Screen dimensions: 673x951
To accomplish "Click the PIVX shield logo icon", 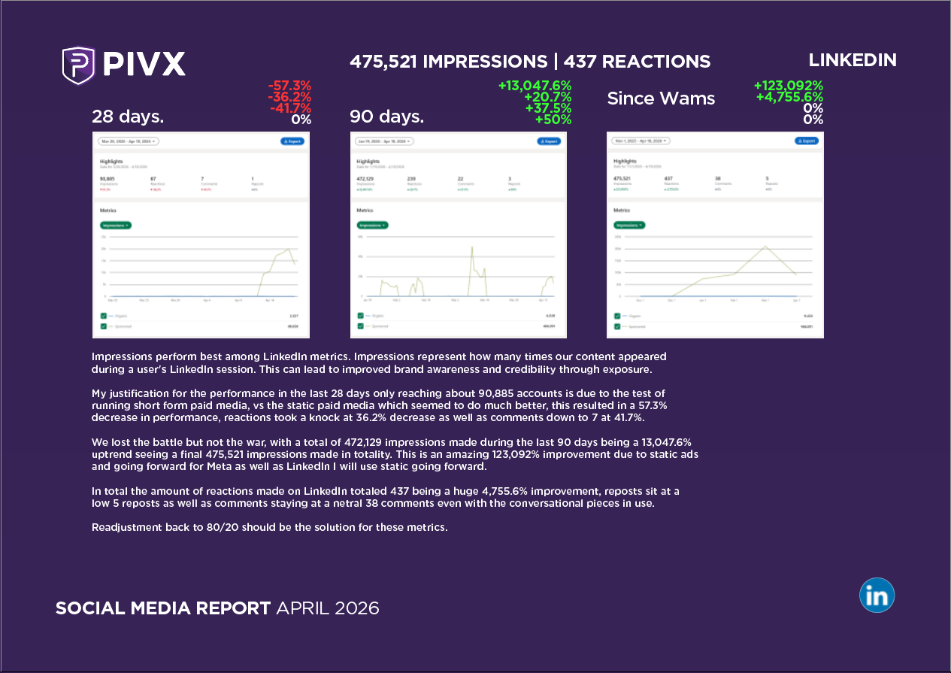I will coord(78,65).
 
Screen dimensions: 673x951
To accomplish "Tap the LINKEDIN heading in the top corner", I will coord(853,60).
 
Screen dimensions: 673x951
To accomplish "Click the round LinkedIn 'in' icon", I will coord(877,596).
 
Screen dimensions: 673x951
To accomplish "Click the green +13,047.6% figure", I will coord(535,86).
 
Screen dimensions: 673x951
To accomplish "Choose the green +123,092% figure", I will coord(789,86).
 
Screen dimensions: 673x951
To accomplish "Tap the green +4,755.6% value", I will coord(789,97).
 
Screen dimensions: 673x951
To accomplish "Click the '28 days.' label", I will coord(128,117).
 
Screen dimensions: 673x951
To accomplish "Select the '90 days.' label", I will coord(386,117).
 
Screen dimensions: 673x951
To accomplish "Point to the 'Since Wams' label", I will coord(661,99).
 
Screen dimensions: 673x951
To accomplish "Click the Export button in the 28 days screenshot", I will coord(293,141).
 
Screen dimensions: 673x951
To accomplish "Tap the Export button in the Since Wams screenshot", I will coord(807,141).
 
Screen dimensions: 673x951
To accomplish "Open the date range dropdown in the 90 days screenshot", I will coord(384,141).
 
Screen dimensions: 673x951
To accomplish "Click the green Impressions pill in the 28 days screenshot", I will coord(116,225).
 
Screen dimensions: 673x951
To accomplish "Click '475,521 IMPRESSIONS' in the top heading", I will coord(449,62).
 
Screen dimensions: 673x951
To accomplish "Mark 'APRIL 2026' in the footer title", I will coord(328,608).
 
